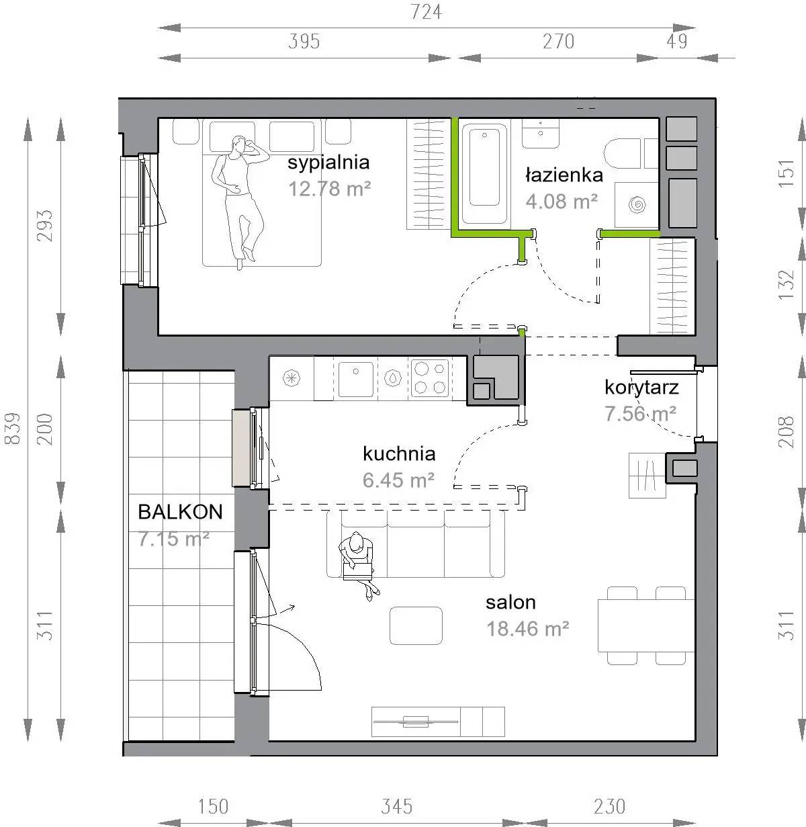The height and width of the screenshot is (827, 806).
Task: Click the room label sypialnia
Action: click(x=328, y=163)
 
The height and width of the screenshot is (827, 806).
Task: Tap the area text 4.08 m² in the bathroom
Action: click(x=562, y=202)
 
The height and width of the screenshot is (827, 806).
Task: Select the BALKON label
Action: click(x=180, y=512)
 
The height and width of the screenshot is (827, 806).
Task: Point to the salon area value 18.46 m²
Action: click(x=528, y=629)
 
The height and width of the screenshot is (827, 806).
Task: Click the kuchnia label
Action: click(x=399, y=454)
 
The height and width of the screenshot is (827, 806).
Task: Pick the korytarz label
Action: click(x=641, y=388)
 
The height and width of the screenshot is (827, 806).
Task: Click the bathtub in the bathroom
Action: click(x=485, y=174)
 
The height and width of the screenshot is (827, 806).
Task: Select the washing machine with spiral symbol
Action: click(x=637, y=206)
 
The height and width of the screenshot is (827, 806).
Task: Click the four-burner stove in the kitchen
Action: click(x=430, y=378)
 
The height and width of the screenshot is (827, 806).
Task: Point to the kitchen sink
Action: click(x=355, y=379)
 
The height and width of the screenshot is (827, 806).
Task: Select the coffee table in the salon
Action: click(x=416, y=625)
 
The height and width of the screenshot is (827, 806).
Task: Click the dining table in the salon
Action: click(x=646, y=625)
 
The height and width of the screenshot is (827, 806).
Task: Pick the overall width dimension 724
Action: click(x=426, y=12)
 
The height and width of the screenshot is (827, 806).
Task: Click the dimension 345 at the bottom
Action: click(x=396, y=807)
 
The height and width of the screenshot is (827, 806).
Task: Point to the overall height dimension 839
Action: click(x=13, y=429)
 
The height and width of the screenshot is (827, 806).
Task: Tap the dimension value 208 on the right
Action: click(x=786, y=431)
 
